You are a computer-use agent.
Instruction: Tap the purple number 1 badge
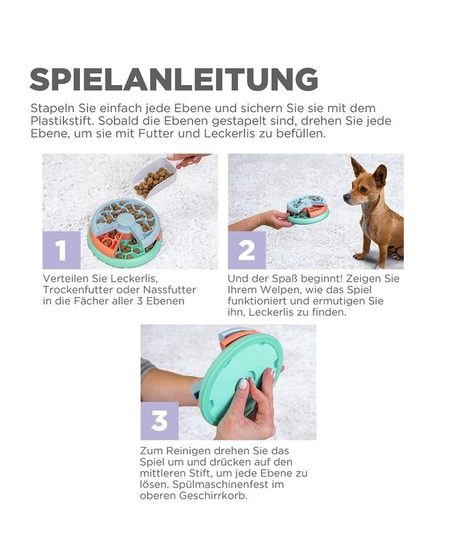tap(61, 250)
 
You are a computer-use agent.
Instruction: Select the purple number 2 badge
tap(247, 250)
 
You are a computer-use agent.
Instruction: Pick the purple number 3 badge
tap(159, 420)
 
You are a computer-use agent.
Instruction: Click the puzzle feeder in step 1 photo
tap(124, 229)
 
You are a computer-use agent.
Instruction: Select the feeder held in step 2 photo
tap(307, 209)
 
